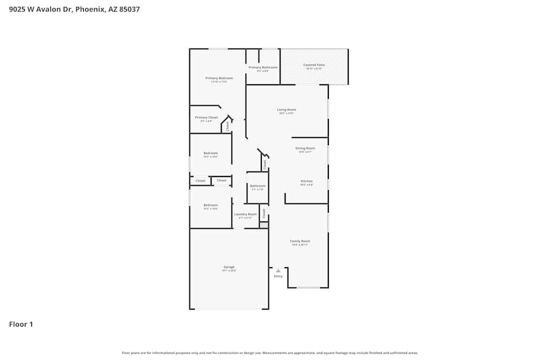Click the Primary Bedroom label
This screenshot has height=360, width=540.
coord(219,78)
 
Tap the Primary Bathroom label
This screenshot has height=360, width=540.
coord(263,67)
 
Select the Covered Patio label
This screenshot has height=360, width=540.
coord(314,65)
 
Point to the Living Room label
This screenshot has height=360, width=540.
coord(287,110)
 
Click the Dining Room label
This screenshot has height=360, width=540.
coord(305,148)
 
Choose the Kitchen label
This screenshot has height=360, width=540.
coord(307,181)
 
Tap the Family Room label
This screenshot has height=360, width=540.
coord(300,241)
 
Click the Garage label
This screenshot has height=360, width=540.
coord(229,267)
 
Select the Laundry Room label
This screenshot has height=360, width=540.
coord(245,214)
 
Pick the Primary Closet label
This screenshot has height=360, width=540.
coord(206,117)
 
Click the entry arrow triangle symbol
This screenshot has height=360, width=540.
coord(278,270)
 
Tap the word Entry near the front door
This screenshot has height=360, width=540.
coord(278,276)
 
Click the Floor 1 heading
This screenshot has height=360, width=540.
coord(21,324)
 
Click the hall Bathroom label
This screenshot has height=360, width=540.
coord(257,186)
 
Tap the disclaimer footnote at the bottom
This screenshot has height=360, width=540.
coord(270,353)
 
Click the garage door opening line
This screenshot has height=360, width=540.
coord(229,309)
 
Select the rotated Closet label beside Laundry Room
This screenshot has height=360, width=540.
coord(264,213)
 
